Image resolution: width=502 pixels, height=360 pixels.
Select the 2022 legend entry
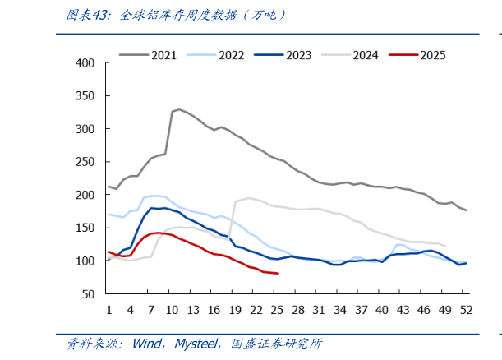231,55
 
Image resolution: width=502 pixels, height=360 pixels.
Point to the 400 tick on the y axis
85,63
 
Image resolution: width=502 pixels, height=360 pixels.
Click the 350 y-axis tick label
85,96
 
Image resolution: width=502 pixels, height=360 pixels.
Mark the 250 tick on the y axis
85,162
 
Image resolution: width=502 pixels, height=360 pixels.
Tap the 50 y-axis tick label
89,294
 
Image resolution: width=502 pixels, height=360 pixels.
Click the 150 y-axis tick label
85,228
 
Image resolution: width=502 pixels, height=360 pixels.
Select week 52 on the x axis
466,310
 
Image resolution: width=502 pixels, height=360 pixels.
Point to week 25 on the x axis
277,310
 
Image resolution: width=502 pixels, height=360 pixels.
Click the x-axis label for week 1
109,310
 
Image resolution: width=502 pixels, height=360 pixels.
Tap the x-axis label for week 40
382,310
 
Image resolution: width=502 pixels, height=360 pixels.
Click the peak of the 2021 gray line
179,109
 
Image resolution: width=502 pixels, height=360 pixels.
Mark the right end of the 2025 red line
277,273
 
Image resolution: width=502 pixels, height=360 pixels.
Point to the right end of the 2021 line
466,210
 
